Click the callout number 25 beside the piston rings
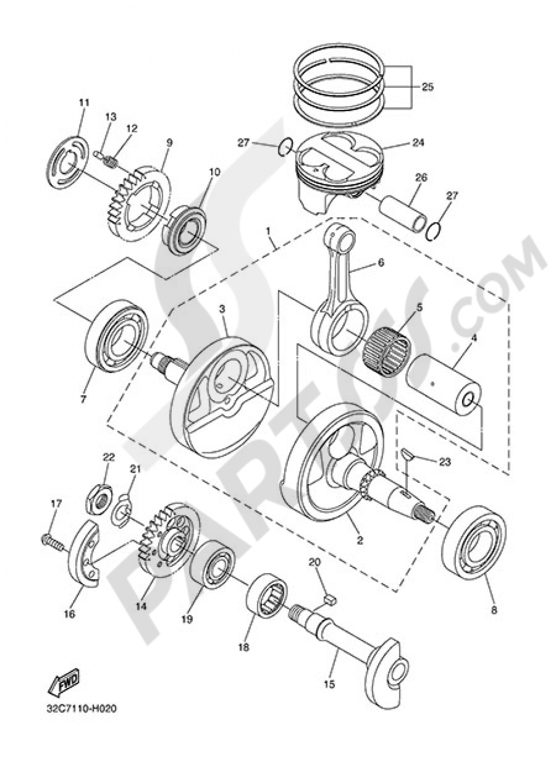pos(427,87)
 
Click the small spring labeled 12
pos(111,162)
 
